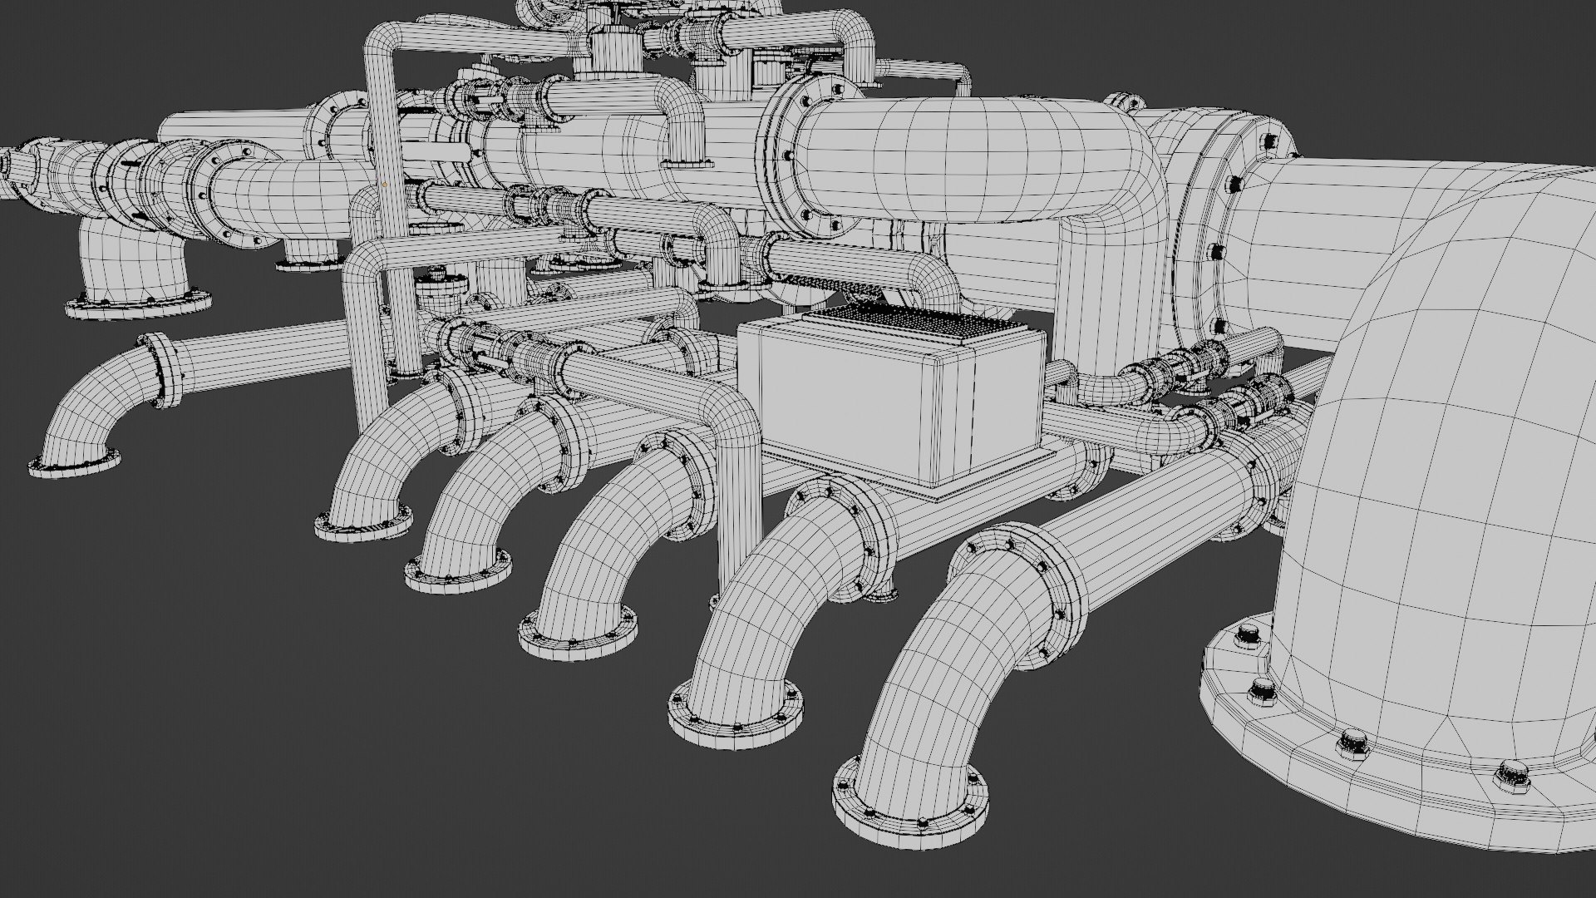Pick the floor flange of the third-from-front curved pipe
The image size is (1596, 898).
[x=578, y=636]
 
